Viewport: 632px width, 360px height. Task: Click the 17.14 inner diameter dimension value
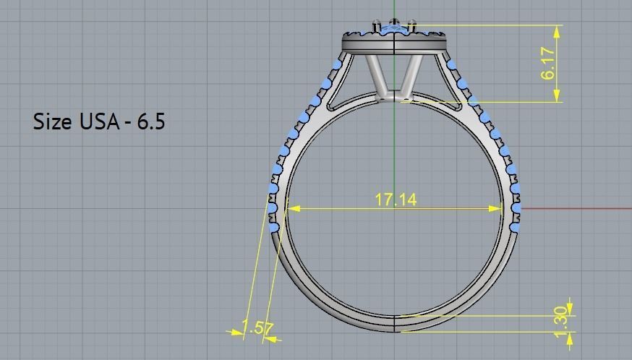395,200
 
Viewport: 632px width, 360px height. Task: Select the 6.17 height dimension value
549,63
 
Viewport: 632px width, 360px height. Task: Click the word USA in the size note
99,121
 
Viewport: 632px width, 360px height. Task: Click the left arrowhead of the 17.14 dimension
292,209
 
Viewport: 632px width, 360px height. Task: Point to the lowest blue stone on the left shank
273,228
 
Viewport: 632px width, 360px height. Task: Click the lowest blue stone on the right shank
514,227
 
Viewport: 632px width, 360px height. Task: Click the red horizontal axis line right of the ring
578,209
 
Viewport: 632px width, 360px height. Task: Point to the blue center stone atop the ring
393,28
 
